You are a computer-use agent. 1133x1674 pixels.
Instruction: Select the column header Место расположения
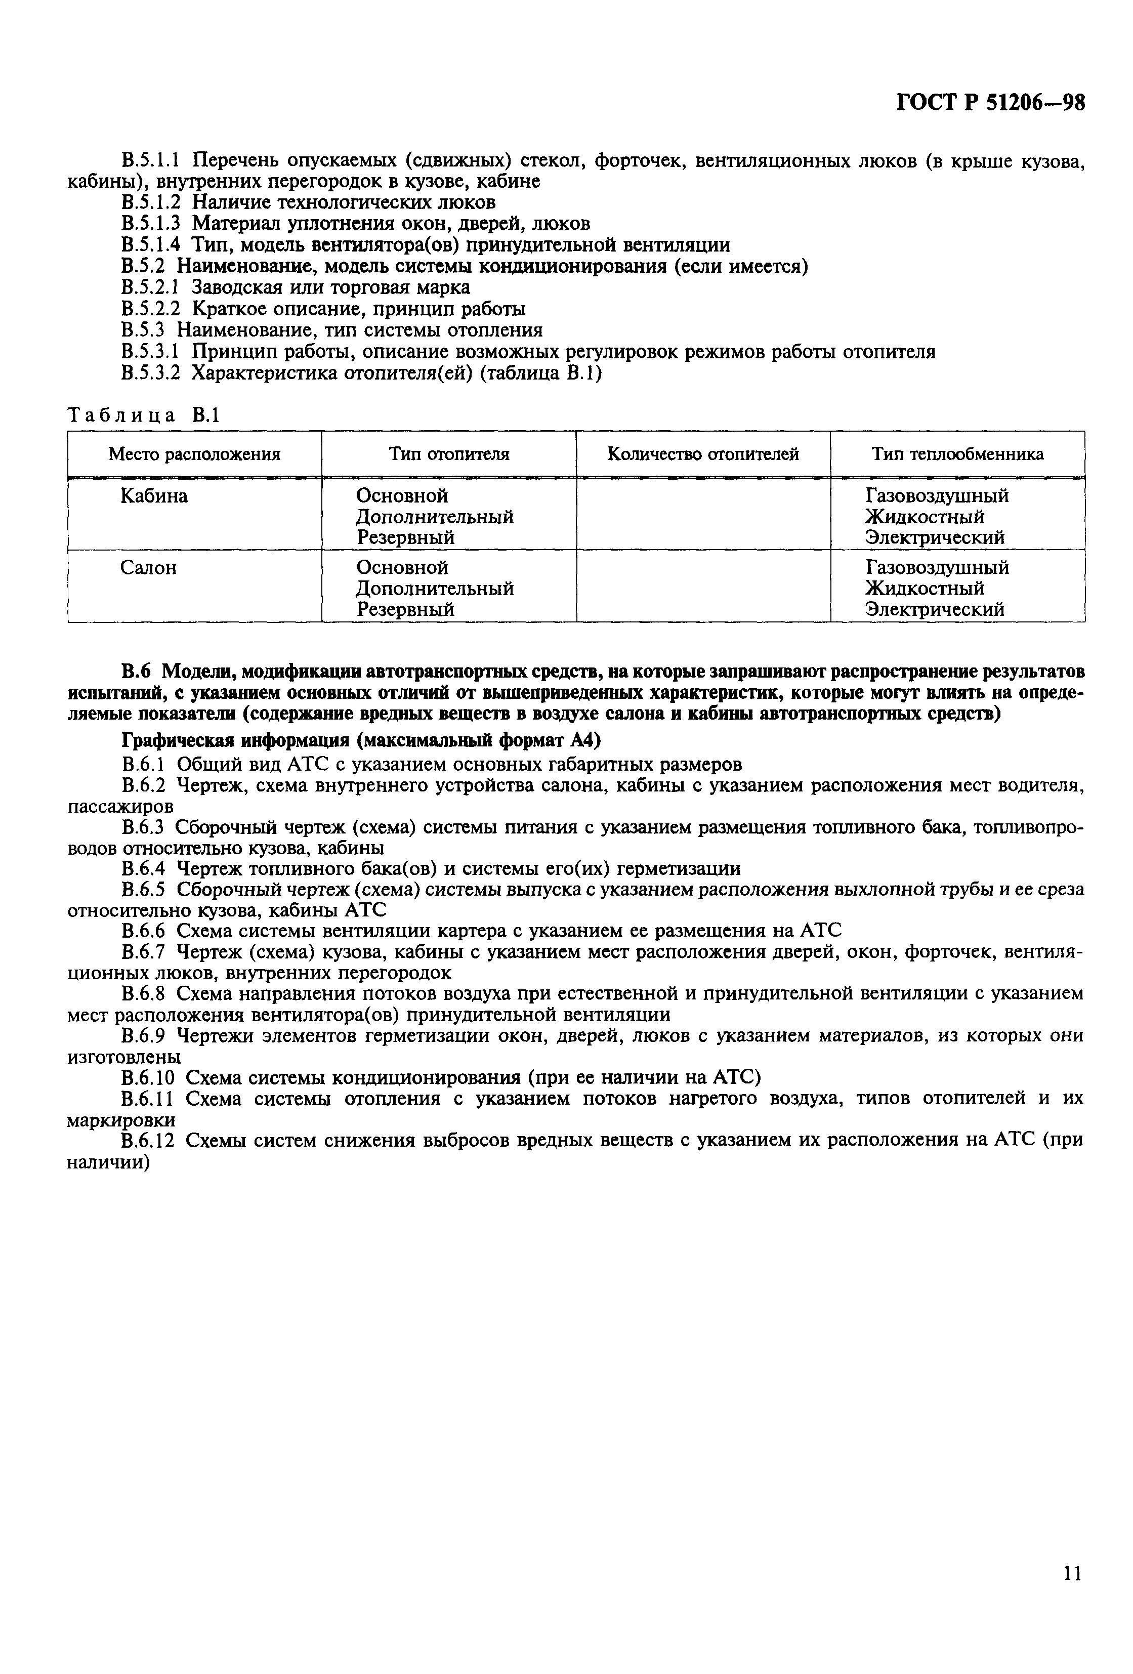click(194, 454)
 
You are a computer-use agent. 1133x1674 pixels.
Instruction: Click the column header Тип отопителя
click(449, 454)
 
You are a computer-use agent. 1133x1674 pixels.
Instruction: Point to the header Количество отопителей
click(703, 454)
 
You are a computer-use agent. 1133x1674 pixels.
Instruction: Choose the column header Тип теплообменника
click(957, 454)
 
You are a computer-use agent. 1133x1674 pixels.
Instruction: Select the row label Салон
click(148, 568)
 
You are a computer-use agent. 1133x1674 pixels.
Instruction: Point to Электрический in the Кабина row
click(934, 537)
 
